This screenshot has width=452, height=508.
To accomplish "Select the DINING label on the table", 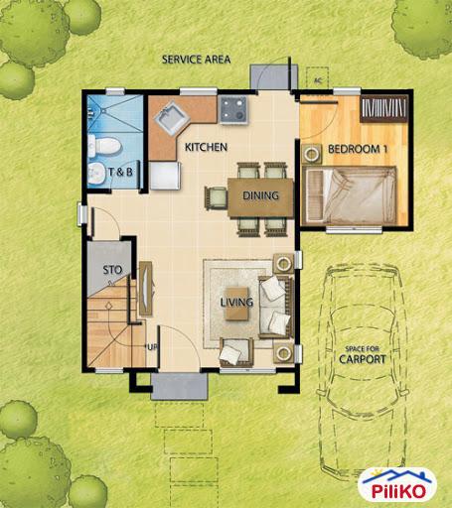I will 261,195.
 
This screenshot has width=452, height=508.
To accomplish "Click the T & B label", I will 121,172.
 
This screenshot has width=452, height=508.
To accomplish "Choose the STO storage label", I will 111,269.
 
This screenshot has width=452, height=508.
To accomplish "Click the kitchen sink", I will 169,118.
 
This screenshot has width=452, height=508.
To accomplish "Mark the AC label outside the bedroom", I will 318,80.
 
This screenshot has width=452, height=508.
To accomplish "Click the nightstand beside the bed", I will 311,154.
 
